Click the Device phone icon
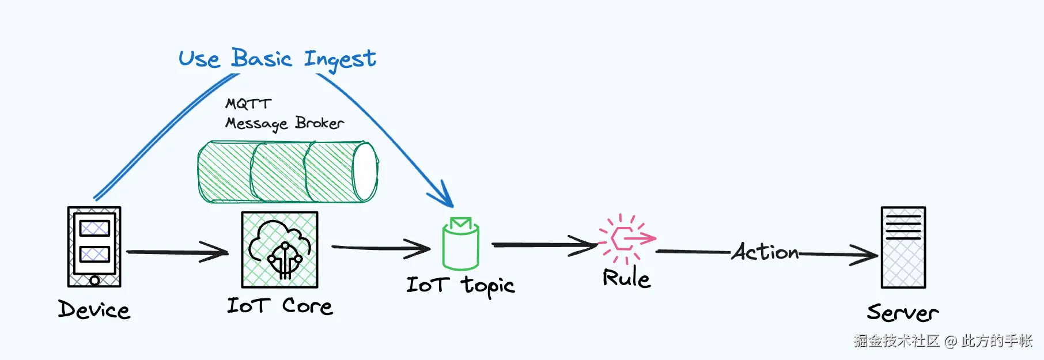(94, 247)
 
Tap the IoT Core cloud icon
(279, 249)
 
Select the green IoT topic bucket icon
(461, 244)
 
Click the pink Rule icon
(626, 238)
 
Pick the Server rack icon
(903, 247)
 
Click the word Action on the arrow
(765, 252)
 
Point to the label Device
(94, 310)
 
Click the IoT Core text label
(279, 306)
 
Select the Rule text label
(626, 278)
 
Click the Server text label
(902, 313)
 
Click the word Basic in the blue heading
(262, 58)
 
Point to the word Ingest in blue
(340, 59)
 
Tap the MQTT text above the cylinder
(248, 104)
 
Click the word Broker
(319, 123)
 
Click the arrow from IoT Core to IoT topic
(380, 248)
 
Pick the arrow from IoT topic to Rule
(544, 245)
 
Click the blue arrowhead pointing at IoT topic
(444, 196)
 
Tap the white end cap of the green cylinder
(365, 172)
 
